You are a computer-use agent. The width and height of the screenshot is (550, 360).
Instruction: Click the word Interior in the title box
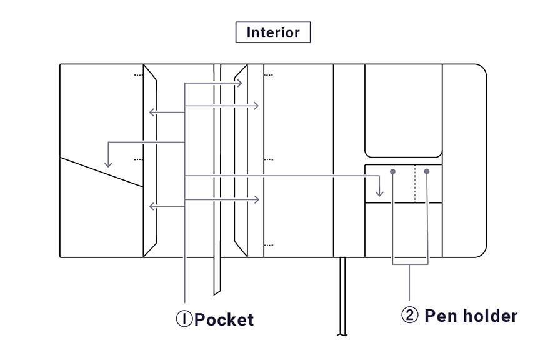[273, 32]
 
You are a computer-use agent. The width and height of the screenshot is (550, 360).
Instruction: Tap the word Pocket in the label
[224, 319]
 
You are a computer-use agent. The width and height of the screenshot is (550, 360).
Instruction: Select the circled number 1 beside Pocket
[184, 319]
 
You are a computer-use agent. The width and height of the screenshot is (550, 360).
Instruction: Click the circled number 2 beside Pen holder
[409, 316]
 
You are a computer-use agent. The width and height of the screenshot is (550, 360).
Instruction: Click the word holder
[488, 316]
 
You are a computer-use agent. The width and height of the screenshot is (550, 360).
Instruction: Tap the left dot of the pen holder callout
[392, 171]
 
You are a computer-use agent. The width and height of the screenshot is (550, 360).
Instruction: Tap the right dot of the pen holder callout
[427, 171]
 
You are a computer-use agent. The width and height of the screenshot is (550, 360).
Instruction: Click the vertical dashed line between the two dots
[414, 184]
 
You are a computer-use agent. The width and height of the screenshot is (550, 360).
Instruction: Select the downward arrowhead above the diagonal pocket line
[108, 164]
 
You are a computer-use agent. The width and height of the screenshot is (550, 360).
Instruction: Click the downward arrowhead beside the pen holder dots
[379, 192]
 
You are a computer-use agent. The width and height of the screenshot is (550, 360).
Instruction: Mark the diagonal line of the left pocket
[102, 172]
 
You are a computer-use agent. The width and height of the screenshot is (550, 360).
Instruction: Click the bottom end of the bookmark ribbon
[342, 334]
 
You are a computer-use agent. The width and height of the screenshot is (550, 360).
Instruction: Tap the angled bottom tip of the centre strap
[217, 292]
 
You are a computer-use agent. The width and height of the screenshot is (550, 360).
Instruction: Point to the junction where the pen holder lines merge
[409, 265]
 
